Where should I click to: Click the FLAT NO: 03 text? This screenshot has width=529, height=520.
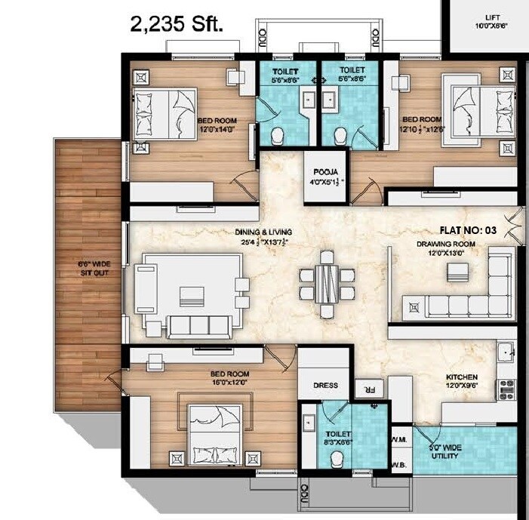(x=475, y=229)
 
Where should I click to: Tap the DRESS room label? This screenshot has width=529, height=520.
(x=325, y=386)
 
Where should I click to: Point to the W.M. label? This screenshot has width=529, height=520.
(x=399, y=440)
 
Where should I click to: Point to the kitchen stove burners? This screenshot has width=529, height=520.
(x=506, y=389)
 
